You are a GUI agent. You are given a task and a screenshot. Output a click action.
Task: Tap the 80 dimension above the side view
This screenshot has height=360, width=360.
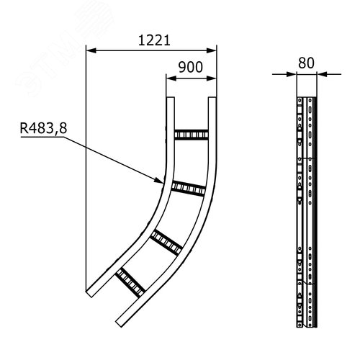point(306,63)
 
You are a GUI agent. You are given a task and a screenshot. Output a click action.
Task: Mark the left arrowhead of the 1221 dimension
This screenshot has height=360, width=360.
point(90,50)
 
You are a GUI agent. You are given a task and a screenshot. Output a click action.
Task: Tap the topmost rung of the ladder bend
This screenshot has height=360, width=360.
point(191,135)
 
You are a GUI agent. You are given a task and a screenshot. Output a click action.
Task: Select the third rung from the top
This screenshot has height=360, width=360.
point(166,240)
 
